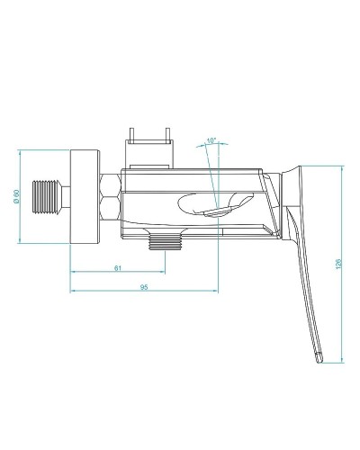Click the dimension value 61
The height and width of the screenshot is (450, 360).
tap(119, 267)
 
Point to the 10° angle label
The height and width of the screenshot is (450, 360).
tap(211, 140)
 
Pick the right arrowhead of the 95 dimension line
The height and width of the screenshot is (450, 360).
tap(215, 292)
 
